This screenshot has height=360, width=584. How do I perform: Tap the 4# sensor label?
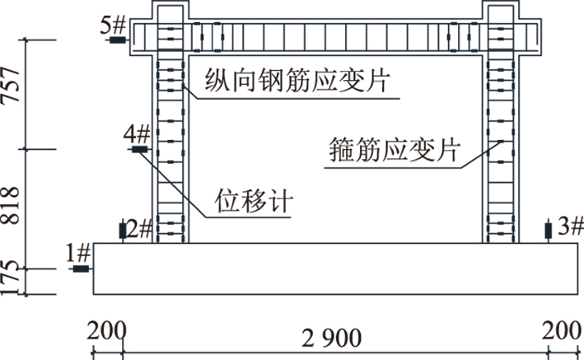click(x=136, y=133)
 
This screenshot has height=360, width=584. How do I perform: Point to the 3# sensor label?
click(x=568, y=226)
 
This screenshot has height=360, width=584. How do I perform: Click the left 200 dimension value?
click(x=106, y=334)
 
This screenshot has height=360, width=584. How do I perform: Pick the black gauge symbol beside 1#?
click(x=80, y=269)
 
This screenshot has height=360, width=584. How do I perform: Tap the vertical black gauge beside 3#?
click(x=549, y=231)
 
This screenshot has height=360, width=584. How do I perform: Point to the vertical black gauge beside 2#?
click(x=123, y=231)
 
